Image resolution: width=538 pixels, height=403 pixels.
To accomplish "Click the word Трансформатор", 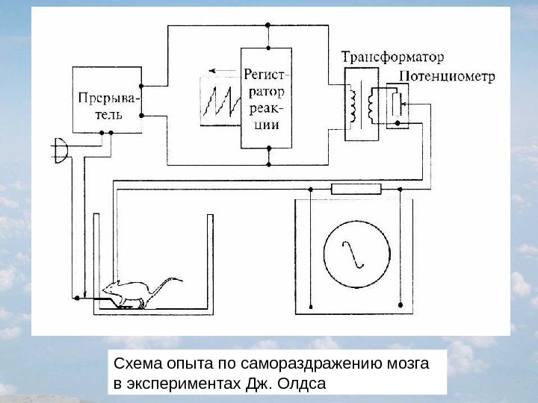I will (392, 57).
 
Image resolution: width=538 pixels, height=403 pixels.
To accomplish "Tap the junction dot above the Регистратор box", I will (268, 25).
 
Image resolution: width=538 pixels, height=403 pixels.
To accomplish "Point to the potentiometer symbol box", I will (397, 105).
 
